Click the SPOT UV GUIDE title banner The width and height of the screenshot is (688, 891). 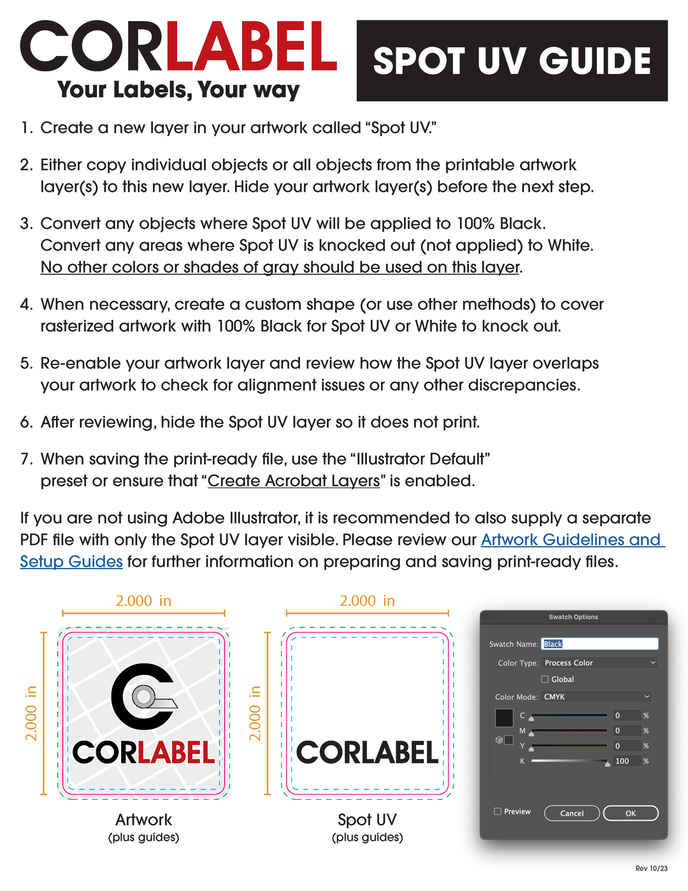point(512,61)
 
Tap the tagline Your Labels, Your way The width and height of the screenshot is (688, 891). point(178,90)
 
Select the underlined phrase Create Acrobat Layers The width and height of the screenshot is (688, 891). point(294,481)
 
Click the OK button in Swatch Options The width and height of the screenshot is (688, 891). point(630,813)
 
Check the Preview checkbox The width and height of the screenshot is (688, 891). point(498,811)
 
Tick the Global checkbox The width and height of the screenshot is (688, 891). point(545,679)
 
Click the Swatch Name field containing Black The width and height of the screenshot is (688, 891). point(599,644)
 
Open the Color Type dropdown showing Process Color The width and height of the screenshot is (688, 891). point(599,663)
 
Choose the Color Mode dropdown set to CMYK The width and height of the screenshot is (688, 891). point(596,697)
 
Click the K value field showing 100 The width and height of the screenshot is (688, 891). point(626,761)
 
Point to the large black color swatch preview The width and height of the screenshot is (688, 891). point(504,718)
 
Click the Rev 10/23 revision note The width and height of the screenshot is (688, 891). point(651,869)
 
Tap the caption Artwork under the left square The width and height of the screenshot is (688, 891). point(144,820)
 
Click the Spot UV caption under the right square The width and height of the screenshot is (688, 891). point(368,820)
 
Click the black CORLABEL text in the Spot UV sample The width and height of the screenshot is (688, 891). point(368,753)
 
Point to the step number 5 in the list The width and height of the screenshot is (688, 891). point(26,363)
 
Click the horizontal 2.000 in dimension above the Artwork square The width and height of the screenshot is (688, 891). point(143,601)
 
